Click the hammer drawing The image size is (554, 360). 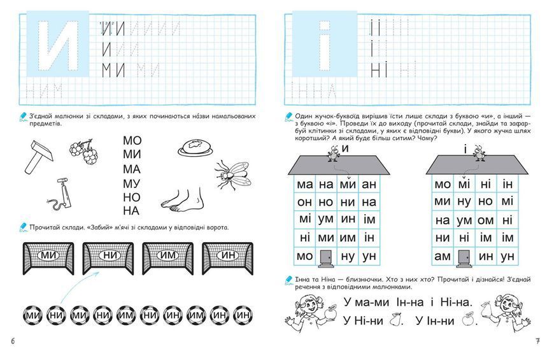pos(39,156)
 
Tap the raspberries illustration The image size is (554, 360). pos(83,152)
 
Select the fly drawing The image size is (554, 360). pos(232,175)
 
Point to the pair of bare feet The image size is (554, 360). pos(182,200)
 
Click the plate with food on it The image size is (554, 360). pos(195,147)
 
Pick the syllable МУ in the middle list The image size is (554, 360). pos(131,184)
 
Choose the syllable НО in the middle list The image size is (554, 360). pos(131,198)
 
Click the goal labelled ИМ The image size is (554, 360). pos(168,259)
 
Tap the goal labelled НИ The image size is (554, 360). pos(108,259)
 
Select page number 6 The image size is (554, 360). pos(13,342)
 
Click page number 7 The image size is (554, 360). pos(537,342)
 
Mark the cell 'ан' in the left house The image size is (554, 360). pos(369,184)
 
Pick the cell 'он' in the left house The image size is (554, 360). pos(304,202)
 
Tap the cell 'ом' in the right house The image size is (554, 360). pos(485,220)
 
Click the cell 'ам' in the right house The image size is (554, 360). pos(443,256)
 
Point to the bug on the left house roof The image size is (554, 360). pos(333,153)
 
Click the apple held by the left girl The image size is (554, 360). pos(332,312)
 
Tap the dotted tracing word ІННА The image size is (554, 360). pos(313,91)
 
